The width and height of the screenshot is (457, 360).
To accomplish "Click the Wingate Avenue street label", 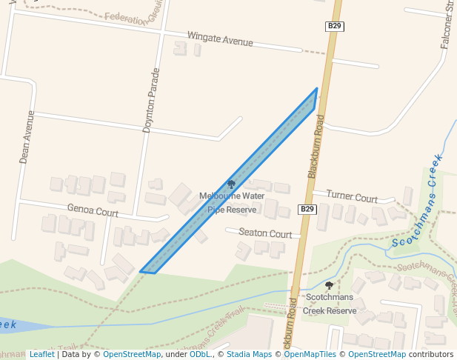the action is pos(220,39).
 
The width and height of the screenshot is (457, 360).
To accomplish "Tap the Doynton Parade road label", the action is pos(151,100).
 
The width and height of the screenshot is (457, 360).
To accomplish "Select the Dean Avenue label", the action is pos(27,137).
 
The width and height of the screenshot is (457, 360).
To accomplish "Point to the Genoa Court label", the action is pos(93,211).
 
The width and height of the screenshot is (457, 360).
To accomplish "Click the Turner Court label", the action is pos(352,198).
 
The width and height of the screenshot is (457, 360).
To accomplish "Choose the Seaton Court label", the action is pos(264,233).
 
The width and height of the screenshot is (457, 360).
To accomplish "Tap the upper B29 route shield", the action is pos(335,27).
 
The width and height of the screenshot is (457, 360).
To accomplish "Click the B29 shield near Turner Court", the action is pos(308,210).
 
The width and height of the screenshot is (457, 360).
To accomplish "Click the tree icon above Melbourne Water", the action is pos(231,184).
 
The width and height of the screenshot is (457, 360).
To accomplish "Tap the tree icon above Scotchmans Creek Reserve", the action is pos(329,285).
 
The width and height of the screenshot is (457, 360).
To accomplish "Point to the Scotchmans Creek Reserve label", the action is pos(330,304).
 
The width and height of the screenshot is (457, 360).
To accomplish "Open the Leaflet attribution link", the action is pos(41,354).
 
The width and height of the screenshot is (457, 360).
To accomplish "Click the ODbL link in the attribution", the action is pos(200,354).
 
